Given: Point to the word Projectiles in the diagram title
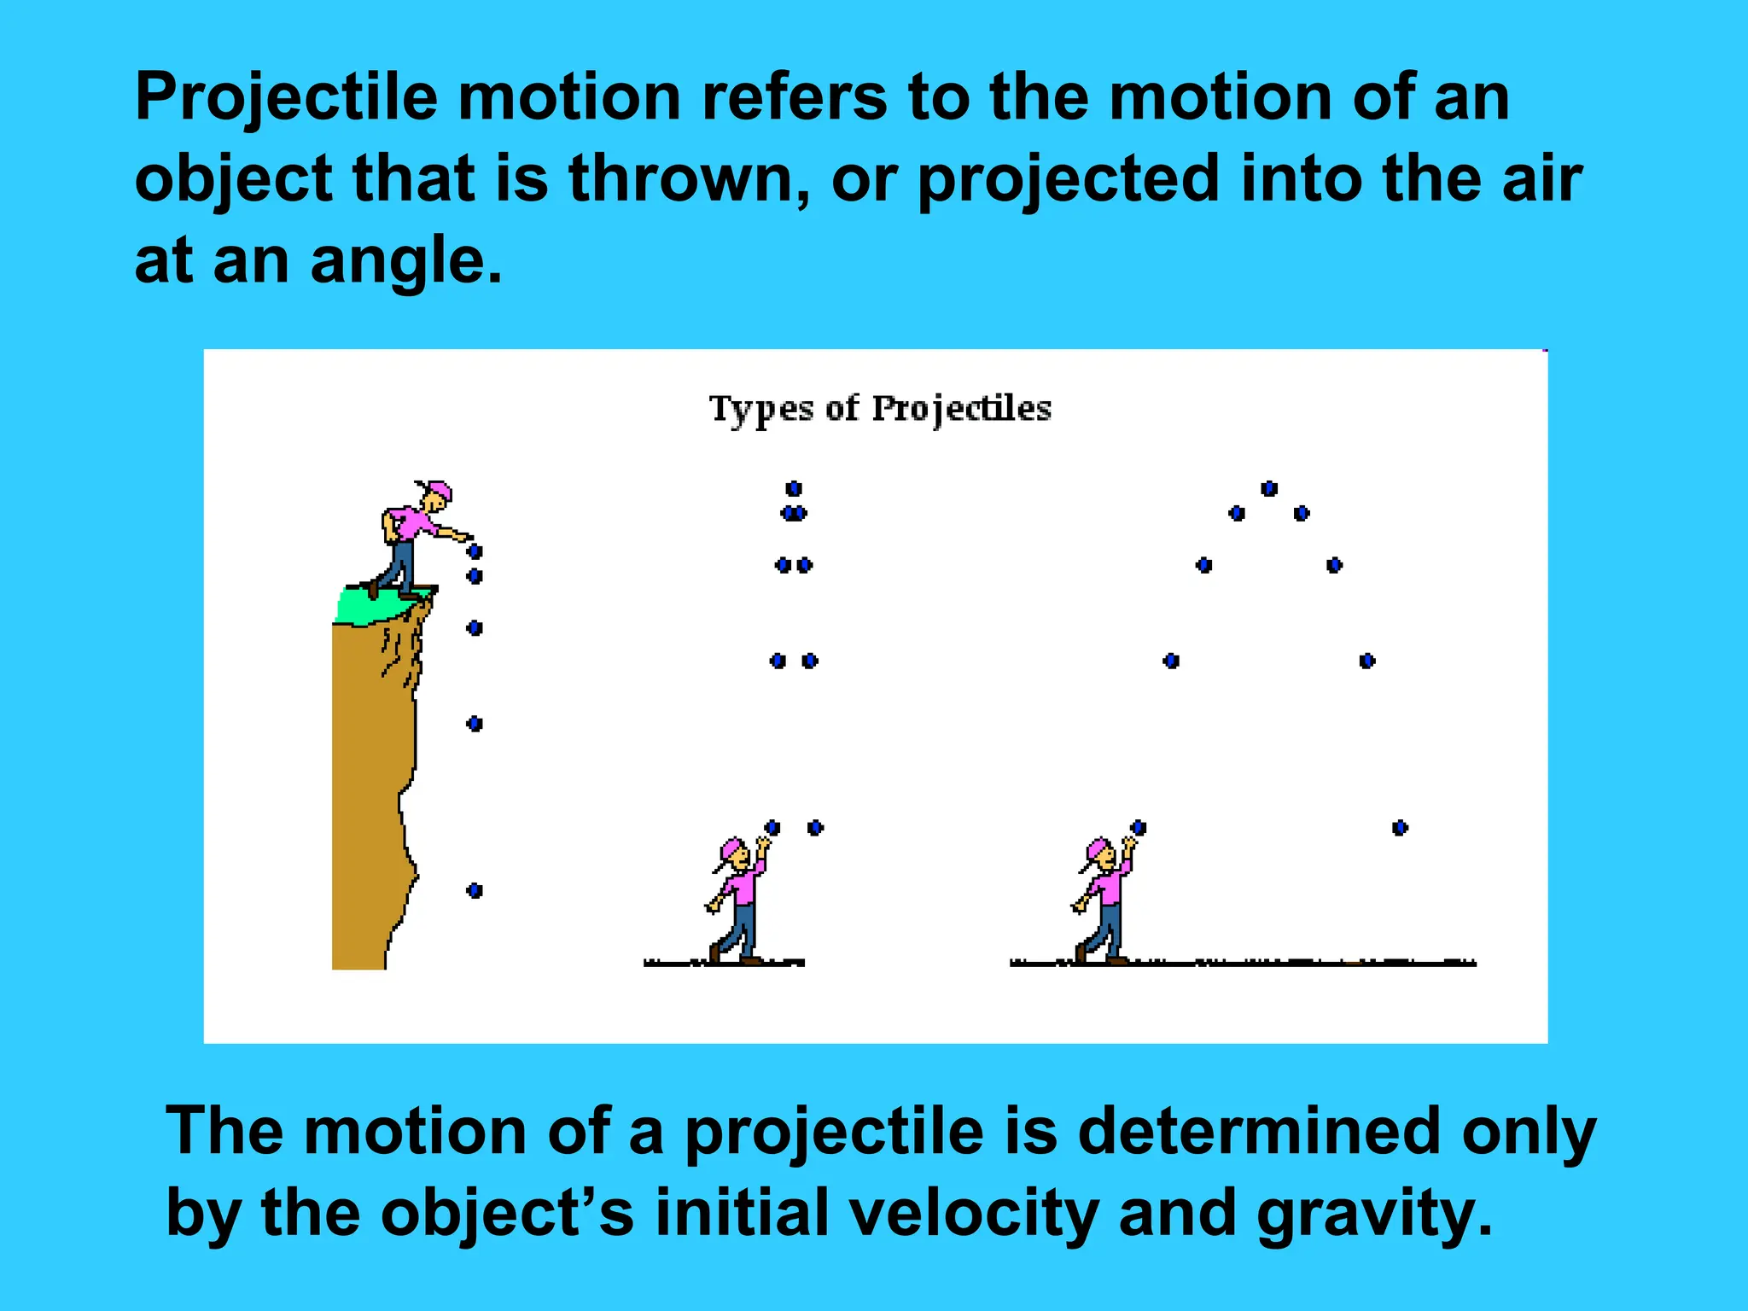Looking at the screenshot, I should (961, 409).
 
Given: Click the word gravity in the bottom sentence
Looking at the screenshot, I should (1375, 1213).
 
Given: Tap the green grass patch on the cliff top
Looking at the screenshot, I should (367, 605).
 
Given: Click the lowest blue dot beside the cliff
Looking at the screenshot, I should (475, 891).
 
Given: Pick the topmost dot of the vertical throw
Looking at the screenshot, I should (794, 488).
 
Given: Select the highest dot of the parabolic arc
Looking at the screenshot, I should (1269, 488).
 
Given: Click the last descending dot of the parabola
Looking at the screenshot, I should (1400, 827).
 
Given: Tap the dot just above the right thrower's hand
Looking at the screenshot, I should (1139, 827).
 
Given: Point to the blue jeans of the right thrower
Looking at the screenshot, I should (1109, 927).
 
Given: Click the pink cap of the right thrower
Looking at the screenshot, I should (1096, 848).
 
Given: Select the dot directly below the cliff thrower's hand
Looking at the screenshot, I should (475, 552).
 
